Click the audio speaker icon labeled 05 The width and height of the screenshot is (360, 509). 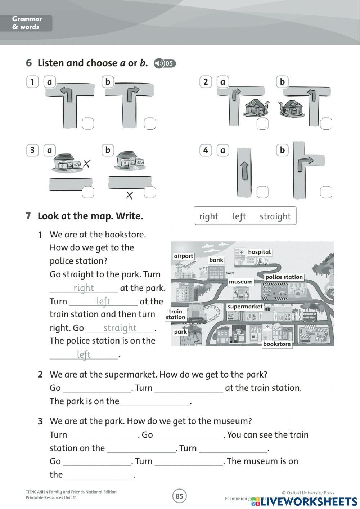click(x=165, y=63)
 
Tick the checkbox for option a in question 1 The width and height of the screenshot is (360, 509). click(x=88, y=124)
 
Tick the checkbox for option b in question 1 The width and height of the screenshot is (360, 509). click(x=150, y=124)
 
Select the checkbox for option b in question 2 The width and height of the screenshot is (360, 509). click(x=326, y=124)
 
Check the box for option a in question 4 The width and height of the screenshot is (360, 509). click(x=262, y=192)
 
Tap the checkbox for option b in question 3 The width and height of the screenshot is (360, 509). click(x=150, y=192)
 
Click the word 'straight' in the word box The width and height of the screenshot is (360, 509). click(x=275, y=216)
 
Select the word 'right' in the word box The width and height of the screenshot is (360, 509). click(x=209, y=216)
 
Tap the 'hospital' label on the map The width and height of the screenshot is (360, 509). click(x=259, y=252)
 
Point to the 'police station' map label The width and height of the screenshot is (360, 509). click(x=284, y=277)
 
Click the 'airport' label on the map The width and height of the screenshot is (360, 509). click(x=184, y=256)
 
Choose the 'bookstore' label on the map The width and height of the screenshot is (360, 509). click(x=277, y=344)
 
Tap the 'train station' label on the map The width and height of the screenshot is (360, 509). click(x=176, y=314)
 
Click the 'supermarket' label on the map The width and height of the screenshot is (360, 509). click(x=245, y=307)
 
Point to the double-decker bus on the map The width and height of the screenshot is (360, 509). click(x=310, y=317)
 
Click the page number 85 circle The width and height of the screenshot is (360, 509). click(x=179, y=496)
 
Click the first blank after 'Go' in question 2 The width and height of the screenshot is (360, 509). click(x=97, y=388)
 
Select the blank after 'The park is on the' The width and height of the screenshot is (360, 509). click(x=156, y=402)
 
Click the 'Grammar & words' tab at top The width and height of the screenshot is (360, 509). click(x=27, y=23)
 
